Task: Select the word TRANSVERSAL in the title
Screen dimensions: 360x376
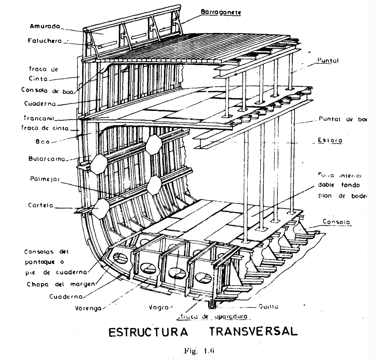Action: [250, 336]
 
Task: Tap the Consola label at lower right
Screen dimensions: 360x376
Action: [334, 221]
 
